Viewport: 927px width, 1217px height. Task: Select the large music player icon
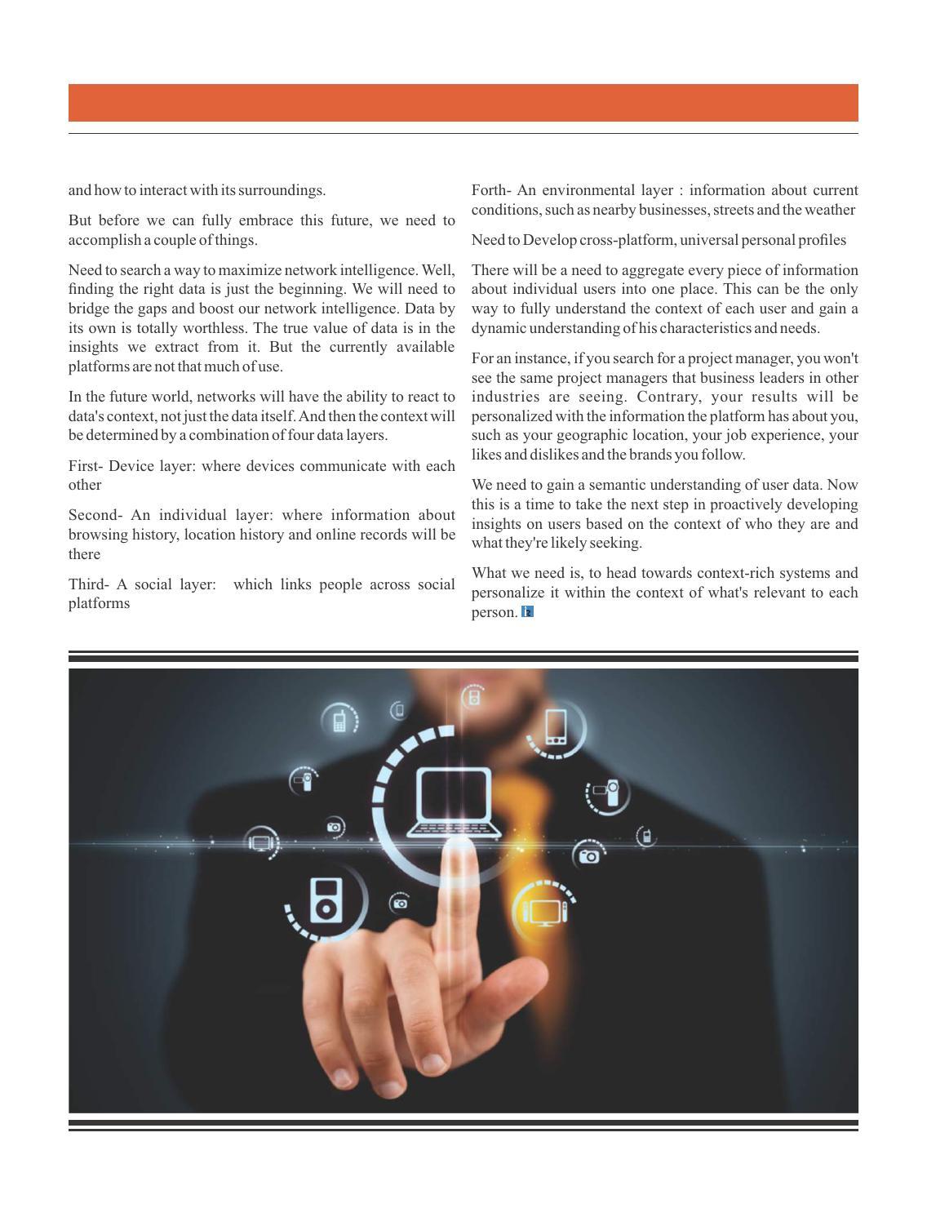click(x=325, y=899)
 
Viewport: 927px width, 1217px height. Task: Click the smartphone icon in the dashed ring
click(x=556, y=726)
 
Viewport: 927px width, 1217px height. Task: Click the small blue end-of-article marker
click(x=527, y=611)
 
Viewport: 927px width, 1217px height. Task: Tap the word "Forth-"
click(x=491, y=190)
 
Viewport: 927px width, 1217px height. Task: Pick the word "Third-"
click(x=88, y=584)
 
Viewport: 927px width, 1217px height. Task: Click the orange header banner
click(x=463, y=103)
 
